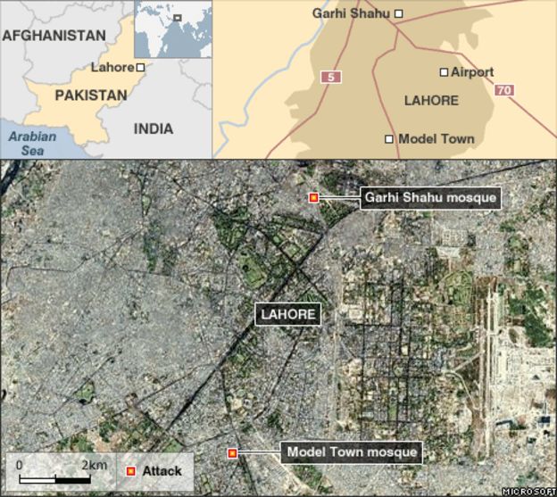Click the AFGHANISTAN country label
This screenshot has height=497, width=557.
point(54,35)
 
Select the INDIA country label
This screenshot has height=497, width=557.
point(154,128)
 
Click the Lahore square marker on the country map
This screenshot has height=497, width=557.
point(141,68)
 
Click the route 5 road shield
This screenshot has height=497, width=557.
point(331,78)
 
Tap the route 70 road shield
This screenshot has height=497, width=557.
point(504,91)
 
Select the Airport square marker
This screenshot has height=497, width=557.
point(444,71)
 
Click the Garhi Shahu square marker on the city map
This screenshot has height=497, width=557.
point(399,13)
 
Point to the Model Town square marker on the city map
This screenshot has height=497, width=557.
point(389,139)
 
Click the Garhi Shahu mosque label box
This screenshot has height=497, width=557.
point(429,197)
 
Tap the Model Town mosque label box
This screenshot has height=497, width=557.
point(352,452)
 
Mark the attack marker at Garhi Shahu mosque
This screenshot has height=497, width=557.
point(313,197)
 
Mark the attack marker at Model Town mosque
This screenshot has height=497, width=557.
point(233,453)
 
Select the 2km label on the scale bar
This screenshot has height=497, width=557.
point(95,465)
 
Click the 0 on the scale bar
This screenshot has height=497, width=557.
point(19,465)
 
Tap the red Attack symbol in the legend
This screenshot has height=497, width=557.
point(131,471)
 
